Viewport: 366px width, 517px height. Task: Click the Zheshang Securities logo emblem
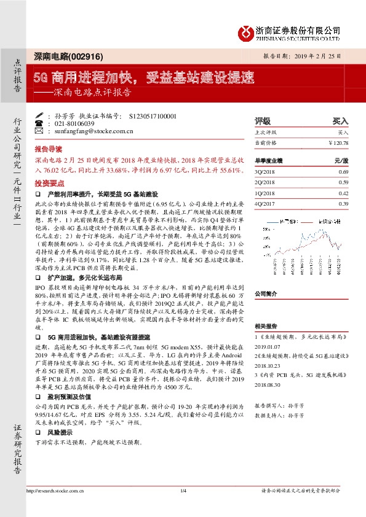[247, 31]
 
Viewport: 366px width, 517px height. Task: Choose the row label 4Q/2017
[265, 203]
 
